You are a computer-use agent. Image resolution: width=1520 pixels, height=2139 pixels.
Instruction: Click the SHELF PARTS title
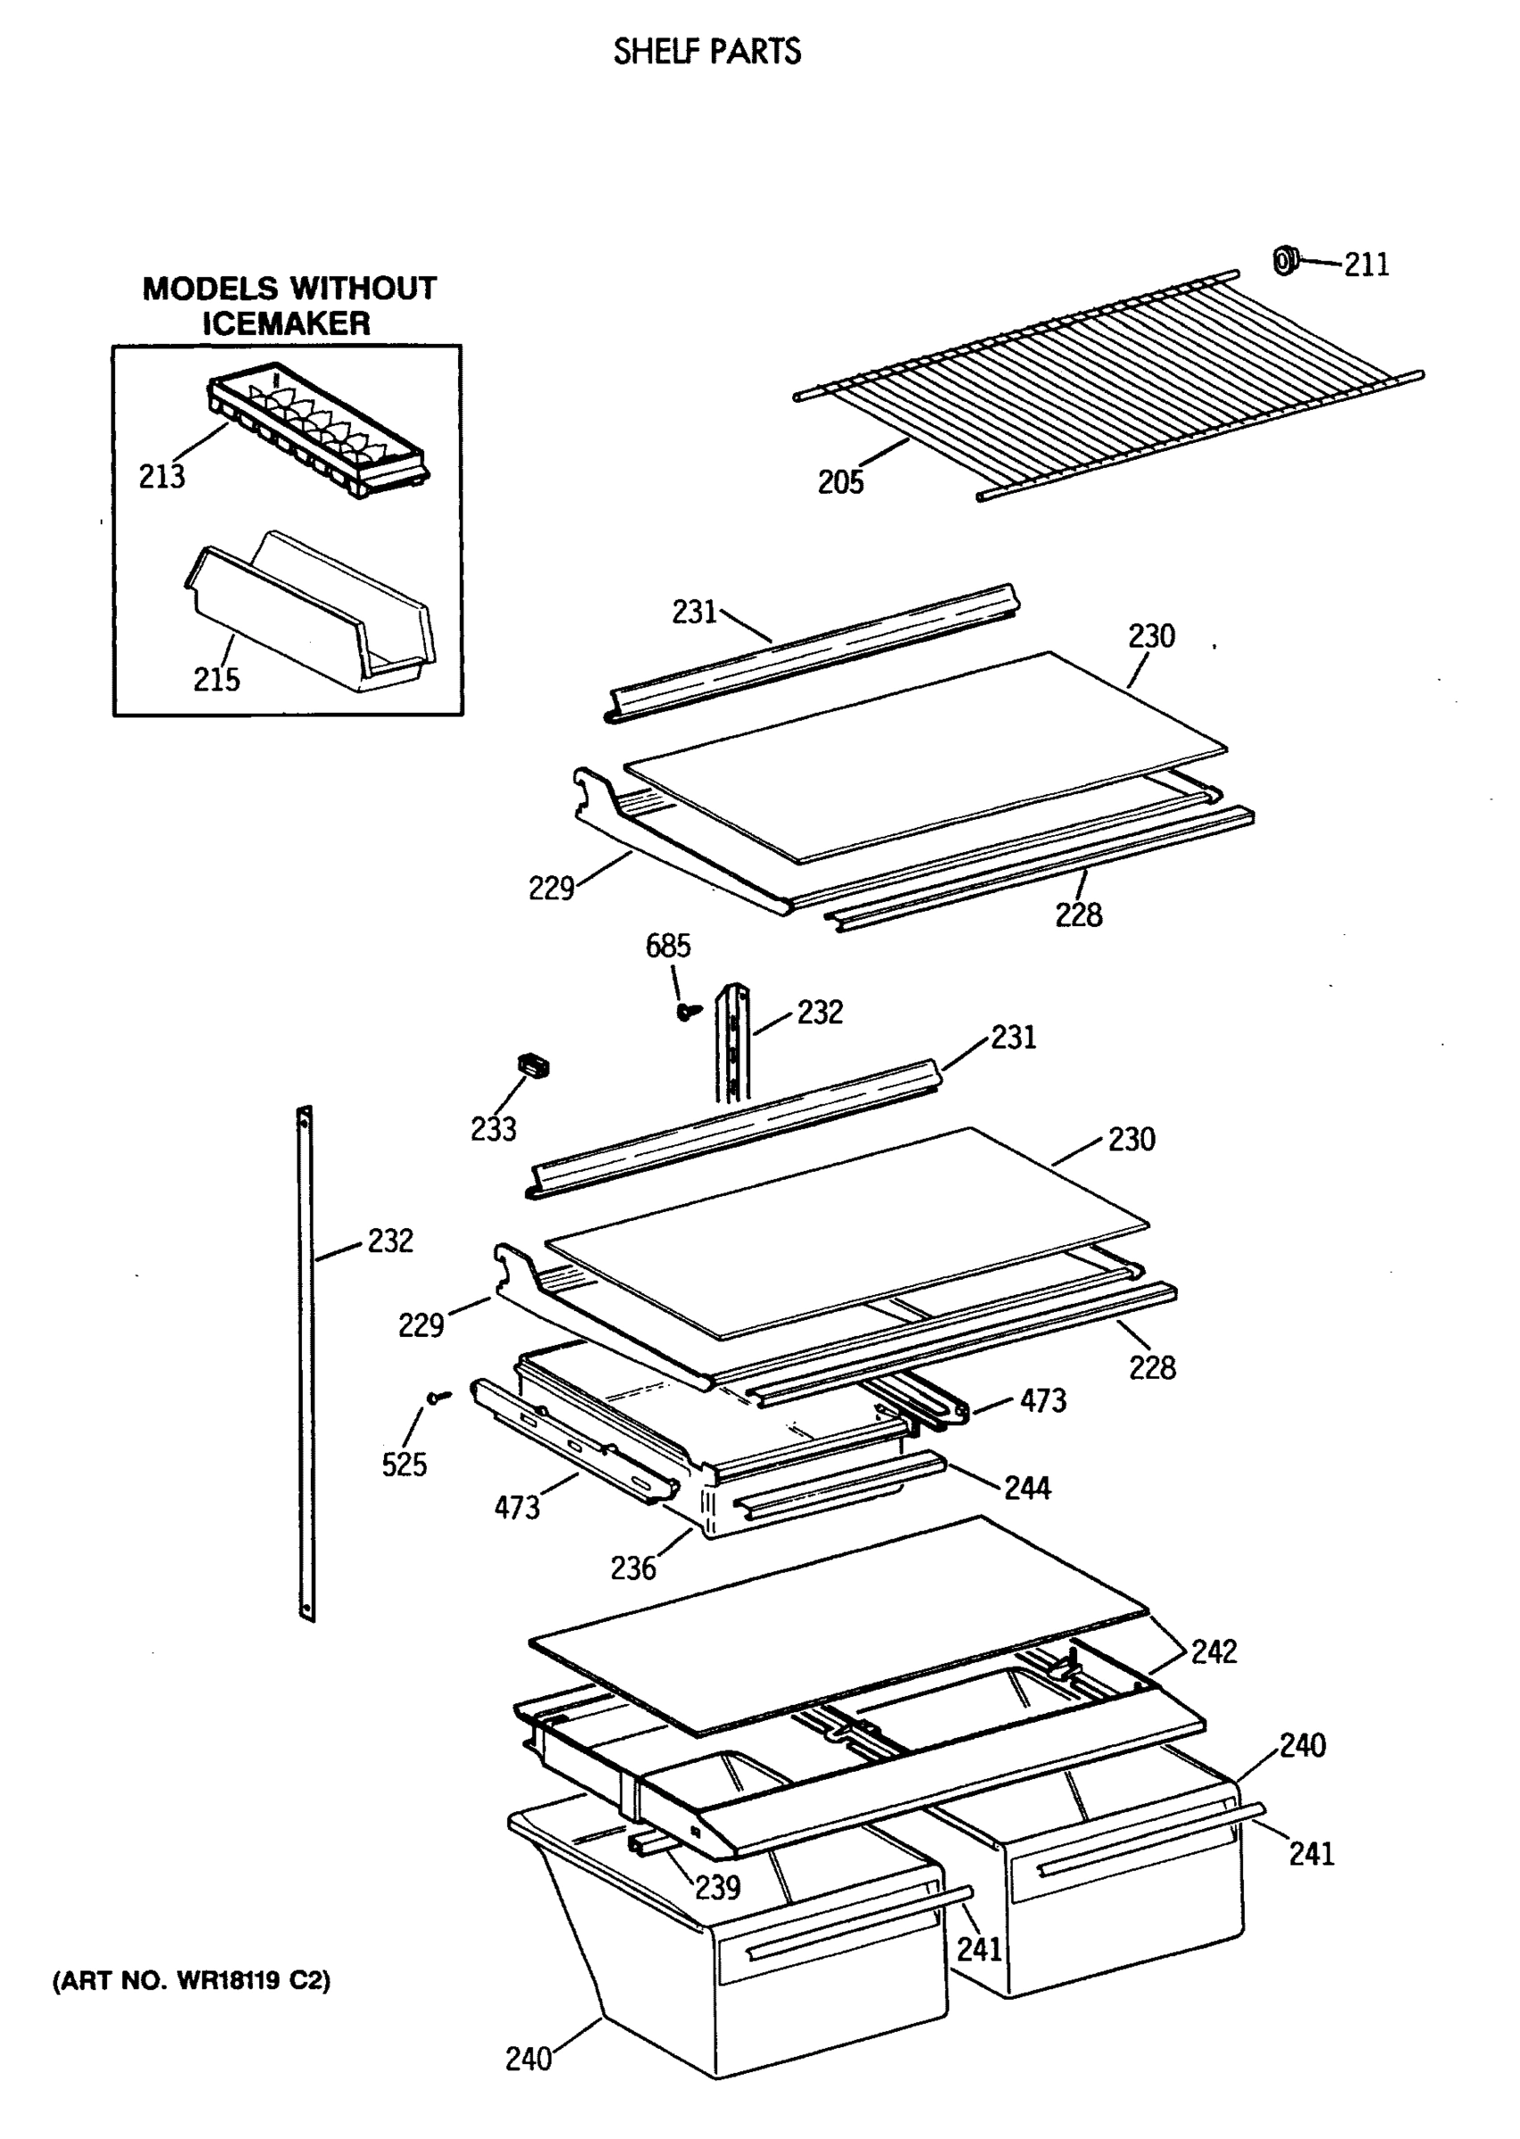pos(707,52)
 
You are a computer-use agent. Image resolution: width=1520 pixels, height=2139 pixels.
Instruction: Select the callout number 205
pos(839,482)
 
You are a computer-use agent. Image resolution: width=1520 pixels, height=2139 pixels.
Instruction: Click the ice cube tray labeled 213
pos(318,426)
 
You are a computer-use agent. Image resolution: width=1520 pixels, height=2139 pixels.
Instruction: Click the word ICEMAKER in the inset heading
pos(286,324)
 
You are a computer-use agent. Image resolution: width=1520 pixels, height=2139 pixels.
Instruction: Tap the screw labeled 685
pos(690,1010)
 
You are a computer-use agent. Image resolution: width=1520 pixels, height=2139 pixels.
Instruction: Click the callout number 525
pos(404,1464)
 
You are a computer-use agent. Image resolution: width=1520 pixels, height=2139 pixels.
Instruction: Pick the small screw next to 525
pos(438,1397)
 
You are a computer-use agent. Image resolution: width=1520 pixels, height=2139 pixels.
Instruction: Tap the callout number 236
pos(633,1568)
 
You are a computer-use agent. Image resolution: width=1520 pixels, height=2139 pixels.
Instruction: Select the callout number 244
pos(1026,1487)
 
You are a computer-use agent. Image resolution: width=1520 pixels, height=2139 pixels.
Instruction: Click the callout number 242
pos(1213,1651)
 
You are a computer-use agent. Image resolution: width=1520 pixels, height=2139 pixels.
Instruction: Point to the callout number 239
pos(717,1887)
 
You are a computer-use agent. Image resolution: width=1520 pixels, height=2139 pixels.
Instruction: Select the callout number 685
pos(667,946)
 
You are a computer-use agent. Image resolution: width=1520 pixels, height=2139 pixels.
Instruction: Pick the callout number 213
pos(162,477)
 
